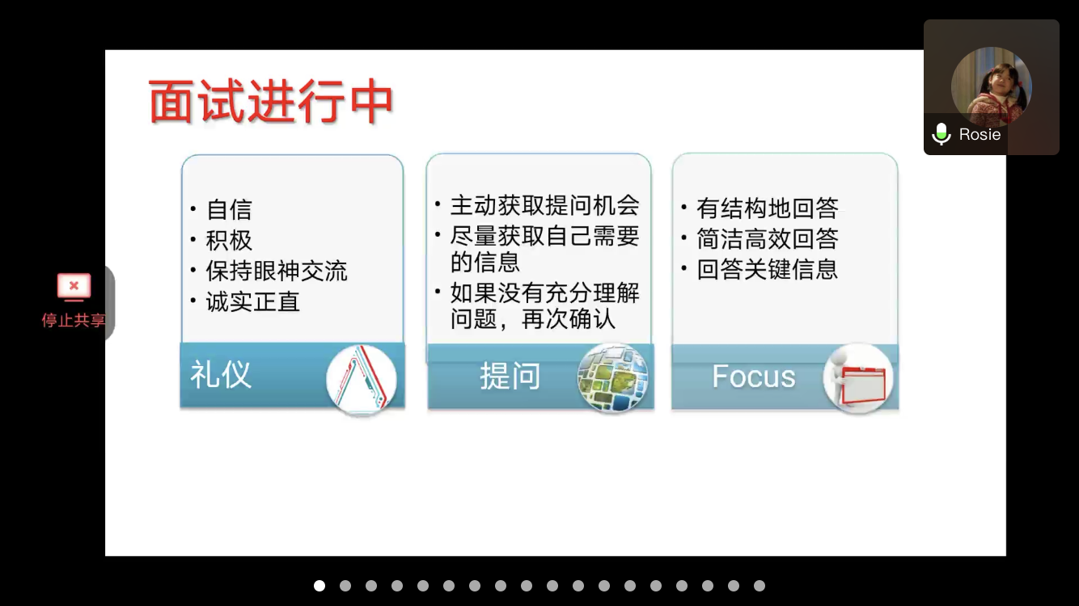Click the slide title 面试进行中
(x=271, y=102)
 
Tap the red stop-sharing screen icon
(x=74, y=287)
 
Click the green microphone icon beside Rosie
(x=941, y=134)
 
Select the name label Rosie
(x=980, y=134)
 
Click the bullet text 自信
(x=229, y=209)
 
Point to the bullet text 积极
(x=229, y=240)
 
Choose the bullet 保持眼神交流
(x=277, y=271)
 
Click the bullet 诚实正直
(x=253, y=302)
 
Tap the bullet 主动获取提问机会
(x=545, y=205)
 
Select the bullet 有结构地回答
(x=768, y=208)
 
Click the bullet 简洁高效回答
(x=768, y=238)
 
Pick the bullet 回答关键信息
(x=768, y=270)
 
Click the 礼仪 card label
(x=221, y=374)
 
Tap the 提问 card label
(x=510, y=376)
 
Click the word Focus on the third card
(x=754, y=377)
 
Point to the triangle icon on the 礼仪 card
(x=362, y=379)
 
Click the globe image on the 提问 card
(x=613, y=378)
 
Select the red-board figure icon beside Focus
(x=858, y=378)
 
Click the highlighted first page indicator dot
(x=319, y=586)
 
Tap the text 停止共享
(x=74, y=320)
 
